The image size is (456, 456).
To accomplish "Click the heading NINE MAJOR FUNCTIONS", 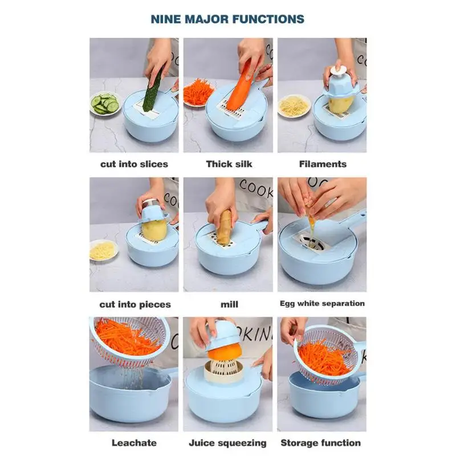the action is click(227, 19).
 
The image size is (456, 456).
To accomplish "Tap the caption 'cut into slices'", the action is click(134, 164).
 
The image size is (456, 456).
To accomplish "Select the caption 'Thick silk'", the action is click(229, 164).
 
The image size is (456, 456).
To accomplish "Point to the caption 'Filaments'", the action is click(323, 164).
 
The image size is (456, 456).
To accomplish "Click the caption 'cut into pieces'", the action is click(135, 304).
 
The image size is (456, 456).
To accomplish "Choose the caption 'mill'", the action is click(229, 304).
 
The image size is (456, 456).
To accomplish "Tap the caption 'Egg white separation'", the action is click(322, 303).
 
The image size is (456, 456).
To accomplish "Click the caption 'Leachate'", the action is click(134, 443).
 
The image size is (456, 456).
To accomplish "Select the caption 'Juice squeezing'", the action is click(227, 443).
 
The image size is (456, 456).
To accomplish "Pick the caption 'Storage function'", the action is click(320, 443).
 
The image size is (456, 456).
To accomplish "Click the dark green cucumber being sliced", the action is click(153, 89).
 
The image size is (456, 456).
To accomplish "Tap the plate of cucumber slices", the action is click(105, 104).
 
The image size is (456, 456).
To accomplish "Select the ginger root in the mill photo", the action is click(225, 227).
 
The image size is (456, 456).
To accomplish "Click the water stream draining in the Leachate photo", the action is click(133, 377).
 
